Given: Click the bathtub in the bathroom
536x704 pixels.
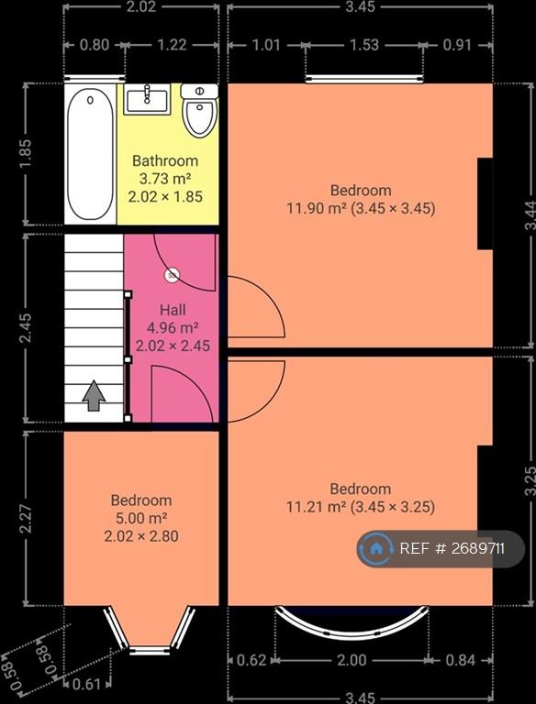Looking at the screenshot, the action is click(90, 154).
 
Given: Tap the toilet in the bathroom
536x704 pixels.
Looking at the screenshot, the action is click(200, 110).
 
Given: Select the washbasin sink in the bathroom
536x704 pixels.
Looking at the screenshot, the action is click(147, 99).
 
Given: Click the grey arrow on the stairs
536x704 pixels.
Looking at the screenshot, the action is click(94, 395).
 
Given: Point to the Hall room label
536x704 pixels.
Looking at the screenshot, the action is click(173, 310).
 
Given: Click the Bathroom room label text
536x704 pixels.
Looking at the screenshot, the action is click(165, 160).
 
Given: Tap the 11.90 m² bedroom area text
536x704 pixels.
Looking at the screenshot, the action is click(317, 208).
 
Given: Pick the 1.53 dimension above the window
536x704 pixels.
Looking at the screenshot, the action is click(363, 45).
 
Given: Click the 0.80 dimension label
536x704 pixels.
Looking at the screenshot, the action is click(94, 45).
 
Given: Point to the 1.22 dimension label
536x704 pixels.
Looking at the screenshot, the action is click(173, 45).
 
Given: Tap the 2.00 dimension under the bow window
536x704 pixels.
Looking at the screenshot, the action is click(352, 660).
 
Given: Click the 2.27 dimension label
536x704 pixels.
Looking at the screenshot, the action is click(26, 518).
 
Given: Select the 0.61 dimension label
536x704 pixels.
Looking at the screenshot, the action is click(86, 684).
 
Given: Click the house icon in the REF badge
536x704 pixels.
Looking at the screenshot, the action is click(376, 548).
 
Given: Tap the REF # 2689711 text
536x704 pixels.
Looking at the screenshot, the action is click(452, 549).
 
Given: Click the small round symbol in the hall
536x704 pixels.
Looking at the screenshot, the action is click(173, 275).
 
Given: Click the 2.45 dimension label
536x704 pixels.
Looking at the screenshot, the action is click(26, 328).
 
